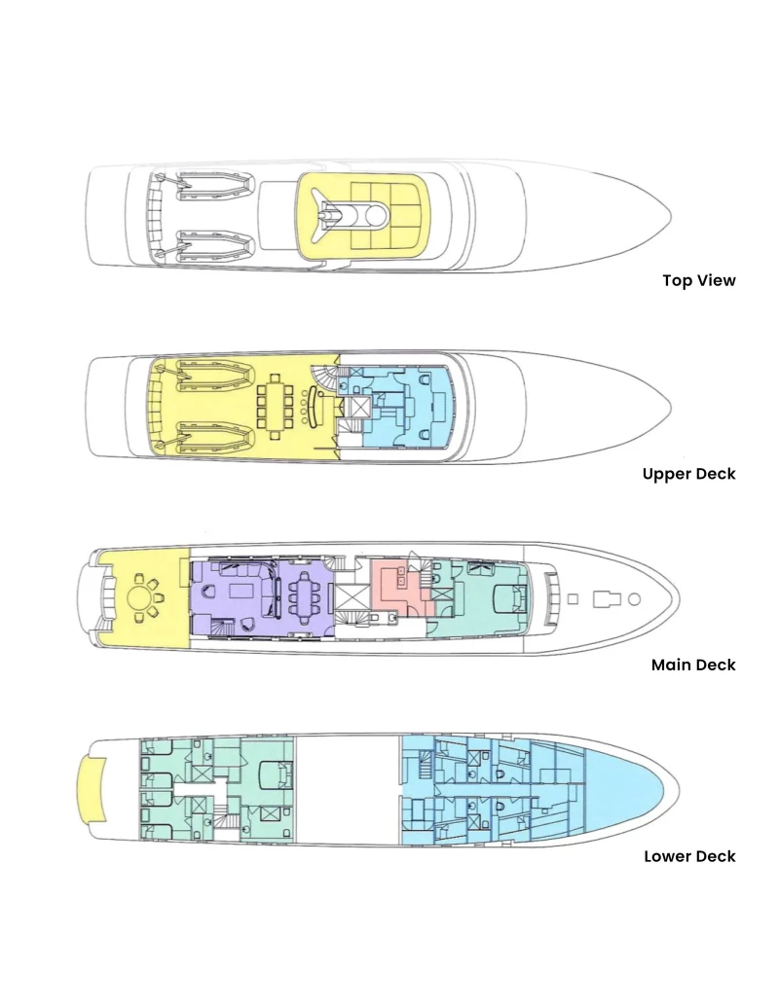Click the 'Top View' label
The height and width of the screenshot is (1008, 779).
[x=698, y=280]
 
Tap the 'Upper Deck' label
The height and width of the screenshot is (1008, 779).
[x=689, y=474]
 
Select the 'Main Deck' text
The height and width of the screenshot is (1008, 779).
[x=692, y=665]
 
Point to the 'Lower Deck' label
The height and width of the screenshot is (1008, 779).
[x=689, y=856]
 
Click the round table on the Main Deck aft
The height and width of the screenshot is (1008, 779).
[x=139, y=598]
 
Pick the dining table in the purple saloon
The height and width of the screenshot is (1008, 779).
[x=302, y=597]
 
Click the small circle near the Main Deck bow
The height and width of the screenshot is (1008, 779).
[x=634, y=599]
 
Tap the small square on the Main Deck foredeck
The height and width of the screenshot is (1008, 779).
[x=572, y=599]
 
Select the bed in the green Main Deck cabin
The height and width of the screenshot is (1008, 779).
[x=509, y=598]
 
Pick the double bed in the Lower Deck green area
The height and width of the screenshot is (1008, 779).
[x=276, y=774]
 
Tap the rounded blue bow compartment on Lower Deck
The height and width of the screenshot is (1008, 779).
[x=628, y=789]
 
